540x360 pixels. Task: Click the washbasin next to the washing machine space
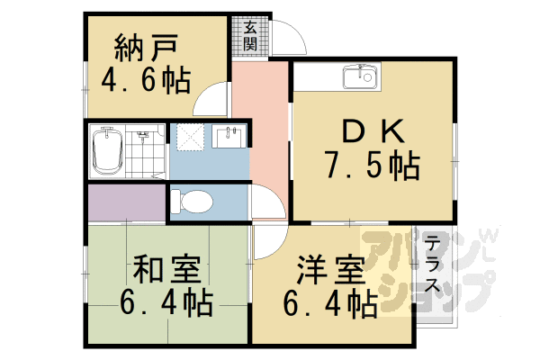pos(227,139)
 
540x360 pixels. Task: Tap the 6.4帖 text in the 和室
pos(166,303)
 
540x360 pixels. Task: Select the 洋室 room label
pos(331,269)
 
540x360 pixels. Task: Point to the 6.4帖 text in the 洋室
pos(331,303)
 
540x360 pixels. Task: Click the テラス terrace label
pos(433,265)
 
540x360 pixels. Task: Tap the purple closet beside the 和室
pos(126,203)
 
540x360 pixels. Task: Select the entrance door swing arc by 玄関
pos(288,36)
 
